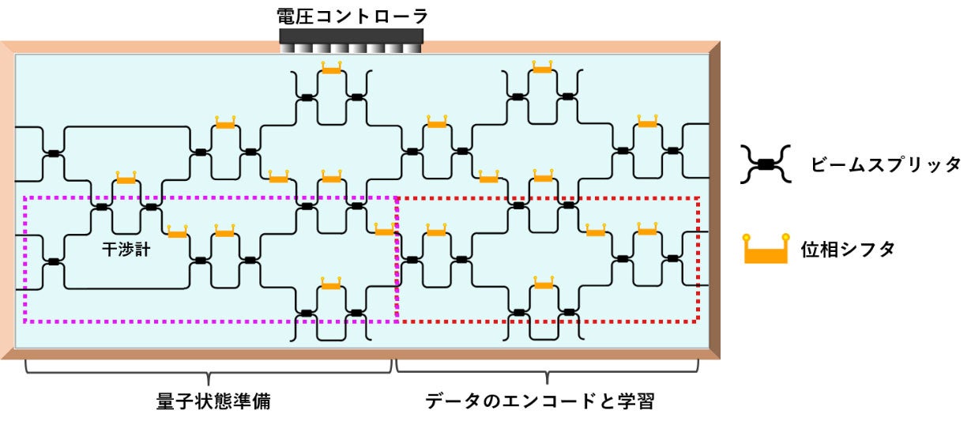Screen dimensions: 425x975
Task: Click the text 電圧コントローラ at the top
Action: point(352,16)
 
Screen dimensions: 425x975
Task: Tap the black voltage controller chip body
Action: point(352,36)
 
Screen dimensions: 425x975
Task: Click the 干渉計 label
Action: point(126,250)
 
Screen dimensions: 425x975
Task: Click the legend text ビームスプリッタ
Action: point(885,164)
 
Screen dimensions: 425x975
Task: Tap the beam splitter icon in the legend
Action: point(765,164)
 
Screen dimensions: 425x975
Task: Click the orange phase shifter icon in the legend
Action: point(765,250)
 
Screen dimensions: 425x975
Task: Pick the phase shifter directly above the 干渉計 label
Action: point(126,179)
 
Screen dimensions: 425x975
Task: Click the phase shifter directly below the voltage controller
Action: point(331,70)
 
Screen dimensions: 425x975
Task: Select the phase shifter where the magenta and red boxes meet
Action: point(385,231)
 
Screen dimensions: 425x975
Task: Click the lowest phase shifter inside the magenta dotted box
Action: point(331,284)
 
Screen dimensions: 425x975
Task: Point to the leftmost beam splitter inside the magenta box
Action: point(53,260)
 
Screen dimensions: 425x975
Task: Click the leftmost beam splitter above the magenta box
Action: point(53,152)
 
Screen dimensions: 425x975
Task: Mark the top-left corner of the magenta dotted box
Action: point(26,198)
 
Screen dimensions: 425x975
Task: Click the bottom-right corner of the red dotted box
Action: point(698,321)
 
